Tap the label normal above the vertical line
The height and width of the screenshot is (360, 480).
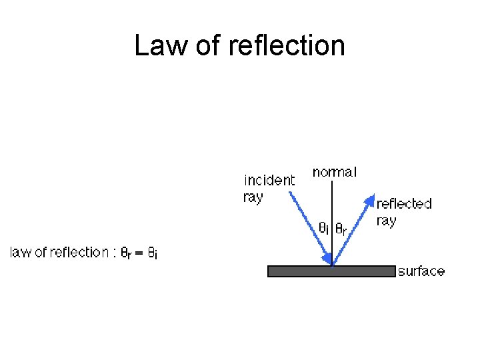pyautogui.click(x=335, y=172)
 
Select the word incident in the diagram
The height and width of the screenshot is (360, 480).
pyautogui.click(x=269, y=180)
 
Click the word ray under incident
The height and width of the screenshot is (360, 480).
pyautogui.click(x=253, y=197)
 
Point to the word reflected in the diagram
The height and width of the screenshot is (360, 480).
pyautogui.click(x=404, y=203)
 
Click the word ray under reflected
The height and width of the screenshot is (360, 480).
pyautogui.click(x=386, y=220)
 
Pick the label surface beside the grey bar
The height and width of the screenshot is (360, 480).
pyautogui.click(x=421, y=271)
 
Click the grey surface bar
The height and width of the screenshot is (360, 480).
pyautogui.click(x=331, y=271)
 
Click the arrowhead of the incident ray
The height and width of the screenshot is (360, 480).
pyautogui.click(x=326, y=257)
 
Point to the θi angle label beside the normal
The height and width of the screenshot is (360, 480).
pyautogui.click(x=323, y=228)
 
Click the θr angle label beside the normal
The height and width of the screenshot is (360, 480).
pyautogui.click(x=340, y=229)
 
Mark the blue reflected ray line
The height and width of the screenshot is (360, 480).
pyautogui.click(x=351, y=231)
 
